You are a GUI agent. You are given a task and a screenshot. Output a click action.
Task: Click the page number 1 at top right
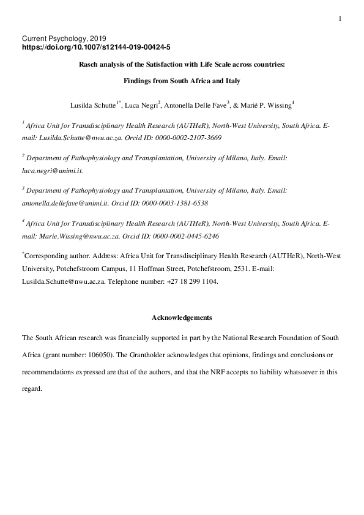(340, 19)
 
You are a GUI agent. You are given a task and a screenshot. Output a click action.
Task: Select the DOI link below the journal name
(96, 46)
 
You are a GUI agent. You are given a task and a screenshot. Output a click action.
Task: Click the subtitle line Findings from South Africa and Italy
(182, 80)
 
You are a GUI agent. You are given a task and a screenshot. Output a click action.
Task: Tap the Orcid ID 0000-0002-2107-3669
(188, 138)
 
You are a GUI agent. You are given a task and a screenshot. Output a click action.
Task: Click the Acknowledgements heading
(182, 317)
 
